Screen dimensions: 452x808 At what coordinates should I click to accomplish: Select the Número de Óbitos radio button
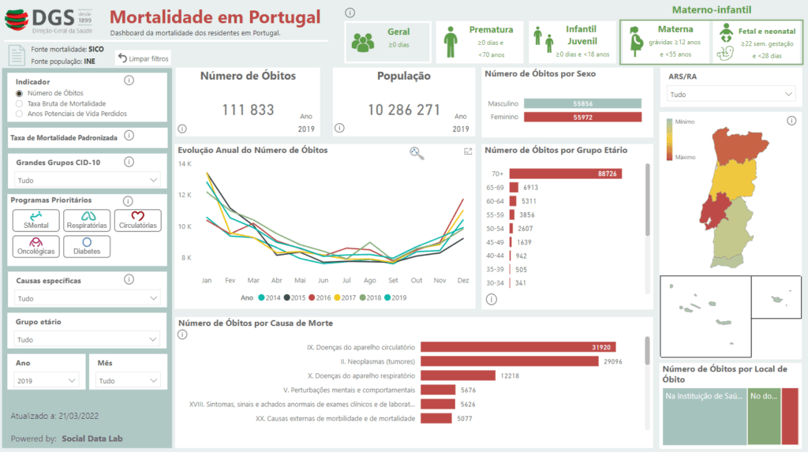coord(20,93)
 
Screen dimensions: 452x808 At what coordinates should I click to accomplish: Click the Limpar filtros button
coord(143,58)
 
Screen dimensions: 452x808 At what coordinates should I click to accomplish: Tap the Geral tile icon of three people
coord(363,43)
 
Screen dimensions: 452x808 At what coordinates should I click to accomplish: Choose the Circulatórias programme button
coord(137,220)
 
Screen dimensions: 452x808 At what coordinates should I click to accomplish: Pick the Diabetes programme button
coord(87,246)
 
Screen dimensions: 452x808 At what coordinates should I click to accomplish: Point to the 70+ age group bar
coord(565,174)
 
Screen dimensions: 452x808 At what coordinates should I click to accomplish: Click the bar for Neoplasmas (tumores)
coord(510,361)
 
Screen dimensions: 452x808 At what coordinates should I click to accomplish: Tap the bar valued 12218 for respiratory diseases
coord(458,375)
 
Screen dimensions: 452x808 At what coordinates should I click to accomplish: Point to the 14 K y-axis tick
coord(185,163)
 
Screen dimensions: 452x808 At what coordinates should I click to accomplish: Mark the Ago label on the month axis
coord(369,280)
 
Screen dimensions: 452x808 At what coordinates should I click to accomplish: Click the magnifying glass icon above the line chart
coord(417,153)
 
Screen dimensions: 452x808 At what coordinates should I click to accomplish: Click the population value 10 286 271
coord(404,110)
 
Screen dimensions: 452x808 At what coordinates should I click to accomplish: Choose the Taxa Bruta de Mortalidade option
coord(20,103)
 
